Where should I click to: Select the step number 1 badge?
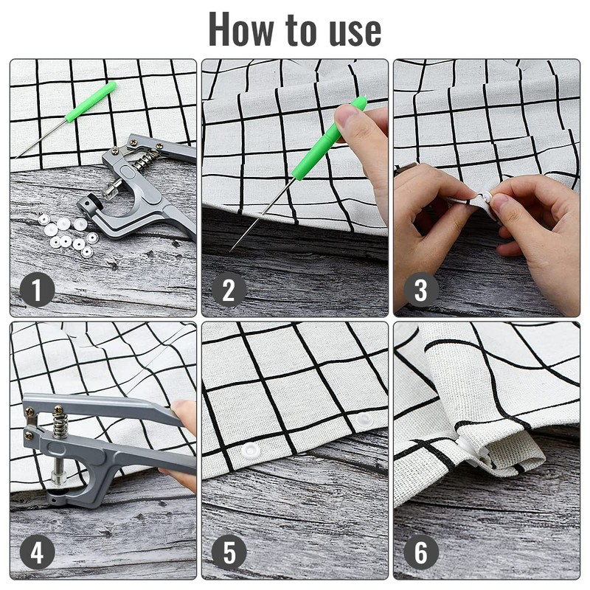point(37,290)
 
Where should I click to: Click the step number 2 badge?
point(229,290)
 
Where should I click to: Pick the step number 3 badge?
point(420,290)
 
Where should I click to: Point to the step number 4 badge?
point(37,552)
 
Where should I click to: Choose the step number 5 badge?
point(229,552)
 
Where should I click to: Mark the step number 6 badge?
point(420,552)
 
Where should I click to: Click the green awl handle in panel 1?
point(90,102)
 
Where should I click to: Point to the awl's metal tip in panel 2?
point(230,251)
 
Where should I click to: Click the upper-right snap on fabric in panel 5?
point(363,420)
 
